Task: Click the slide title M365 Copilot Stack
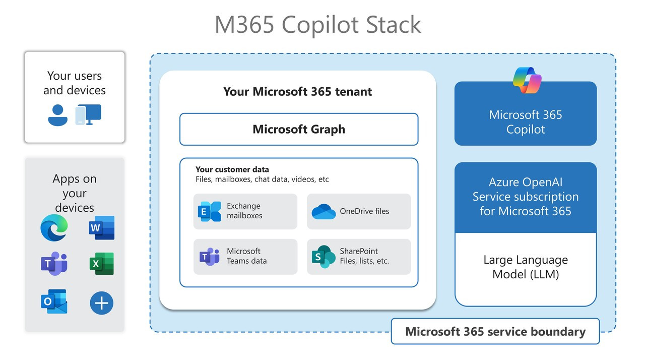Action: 317,25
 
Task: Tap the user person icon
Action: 57,115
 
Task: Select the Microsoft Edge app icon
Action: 53,227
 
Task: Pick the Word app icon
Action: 101,228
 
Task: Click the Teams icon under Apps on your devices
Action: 53,264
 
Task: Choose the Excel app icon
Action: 101,264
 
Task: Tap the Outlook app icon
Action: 53,301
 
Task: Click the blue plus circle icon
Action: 101,303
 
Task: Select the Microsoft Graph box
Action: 299,129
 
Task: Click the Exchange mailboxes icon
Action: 209,211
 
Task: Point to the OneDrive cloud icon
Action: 323,212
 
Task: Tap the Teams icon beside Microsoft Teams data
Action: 209,257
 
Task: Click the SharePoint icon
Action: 323,257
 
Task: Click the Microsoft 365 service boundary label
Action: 495,331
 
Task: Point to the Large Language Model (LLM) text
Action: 526,267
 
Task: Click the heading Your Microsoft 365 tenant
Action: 297,92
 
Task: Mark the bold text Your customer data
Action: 232,169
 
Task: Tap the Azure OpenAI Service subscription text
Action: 526,197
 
